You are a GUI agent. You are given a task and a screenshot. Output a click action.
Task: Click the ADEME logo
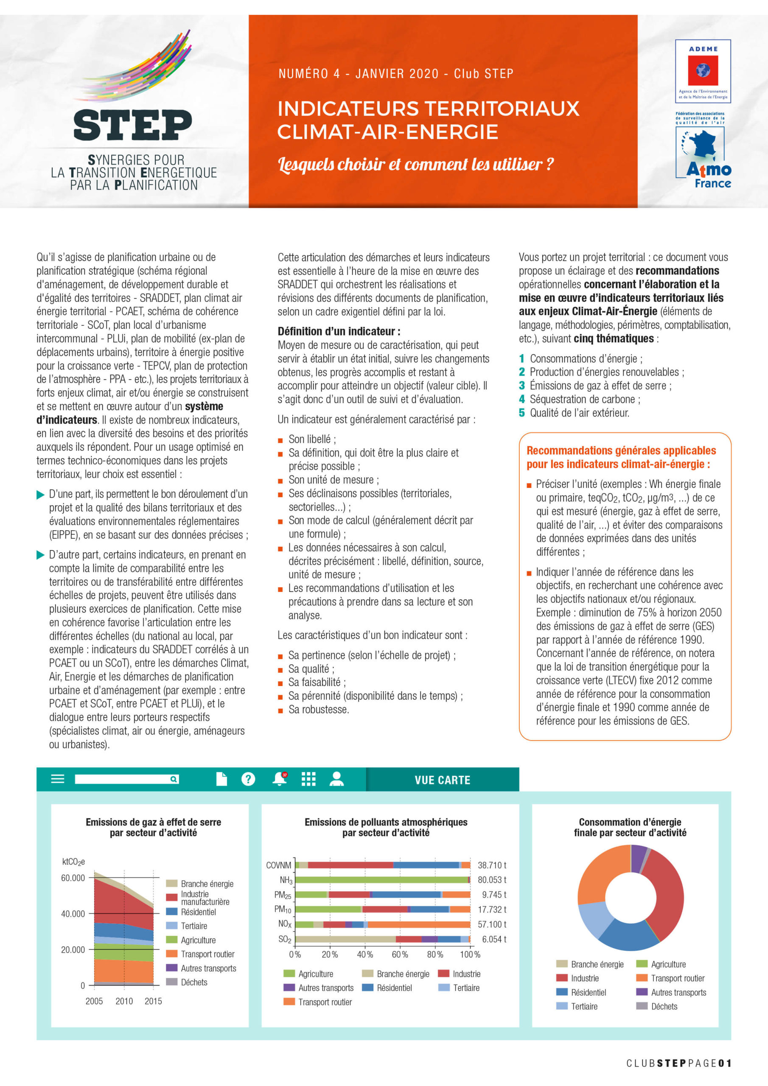[703, 71]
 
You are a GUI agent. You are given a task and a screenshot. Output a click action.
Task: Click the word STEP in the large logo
[133, 125]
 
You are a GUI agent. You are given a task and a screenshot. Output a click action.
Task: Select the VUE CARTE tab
[442, 780]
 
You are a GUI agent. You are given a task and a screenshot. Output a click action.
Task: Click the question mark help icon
[248, 779]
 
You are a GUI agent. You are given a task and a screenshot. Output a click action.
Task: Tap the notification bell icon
[280, 779]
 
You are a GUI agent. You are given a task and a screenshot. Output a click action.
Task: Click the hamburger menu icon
[58, 779]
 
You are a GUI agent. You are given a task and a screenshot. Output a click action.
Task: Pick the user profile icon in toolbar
[336, 779]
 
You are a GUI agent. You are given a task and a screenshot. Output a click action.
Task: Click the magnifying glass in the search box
[174, 779]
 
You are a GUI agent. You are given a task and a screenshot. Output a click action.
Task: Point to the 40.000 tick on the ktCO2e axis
[73, 914]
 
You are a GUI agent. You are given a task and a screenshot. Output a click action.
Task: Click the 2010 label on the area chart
[124, 1001]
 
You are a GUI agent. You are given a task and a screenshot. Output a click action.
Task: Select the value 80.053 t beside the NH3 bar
[492, 880]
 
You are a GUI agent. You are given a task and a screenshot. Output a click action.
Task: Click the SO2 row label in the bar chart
[285, 939]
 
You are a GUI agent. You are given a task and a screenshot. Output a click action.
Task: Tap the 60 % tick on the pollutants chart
[400, 954]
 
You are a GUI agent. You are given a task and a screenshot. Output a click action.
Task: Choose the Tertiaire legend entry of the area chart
[194, 926]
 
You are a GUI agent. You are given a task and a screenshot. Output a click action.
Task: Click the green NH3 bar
[381, 880]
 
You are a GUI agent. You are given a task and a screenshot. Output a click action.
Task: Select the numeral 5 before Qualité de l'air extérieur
[521, 413]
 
